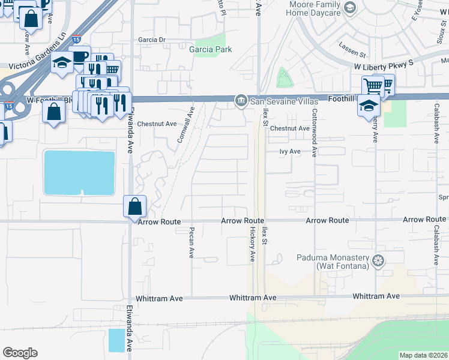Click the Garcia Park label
[210, 50]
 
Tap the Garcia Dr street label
[151, 40]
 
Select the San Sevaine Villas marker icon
[241, 100]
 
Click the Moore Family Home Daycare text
[315, 8]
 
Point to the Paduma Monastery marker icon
[378, 260]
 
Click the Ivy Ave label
[290, 152]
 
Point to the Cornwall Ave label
[186, 124]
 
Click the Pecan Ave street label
[191, 242]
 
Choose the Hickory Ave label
[253, 244]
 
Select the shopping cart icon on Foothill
[373, 86]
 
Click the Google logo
[20, 353]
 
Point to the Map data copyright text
[424, 355]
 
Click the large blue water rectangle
[79, 173]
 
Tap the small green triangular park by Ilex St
[282, 79]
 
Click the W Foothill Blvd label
[49, 100]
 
